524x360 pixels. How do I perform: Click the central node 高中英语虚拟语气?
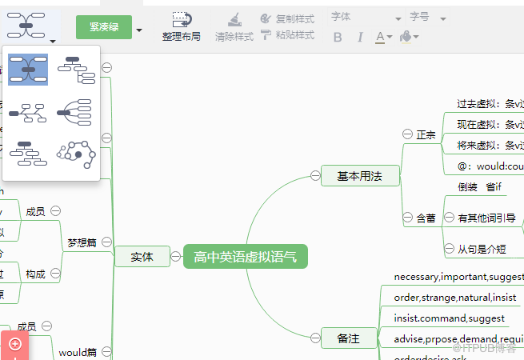(x=245, y=257)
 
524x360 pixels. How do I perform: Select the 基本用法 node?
(x=359, y=176)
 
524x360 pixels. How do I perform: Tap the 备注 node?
(x=348, y=338)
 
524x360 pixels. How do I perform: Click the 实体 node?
(x=142, y=257)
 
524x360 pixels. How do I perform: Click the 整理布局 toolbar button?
(x=182, y=26)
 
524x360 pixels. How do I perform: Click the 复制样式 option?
(x=287, y=18)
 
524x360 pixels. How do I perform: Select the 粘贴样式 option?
(x=287, y=35)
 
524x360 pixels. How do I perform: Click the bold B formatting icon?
(x=338, y=37)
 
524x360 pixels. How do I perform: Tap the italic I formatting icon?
(x=360, y=37)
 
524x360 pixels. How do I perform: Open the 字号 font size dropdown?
(x=427, y=18)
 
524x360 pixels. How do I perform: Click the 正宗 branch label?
(x=426, y=135)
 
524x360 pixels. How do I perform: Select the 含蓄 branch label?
(x=426, y=218)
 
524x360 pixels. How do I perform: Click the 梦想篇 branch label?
(x=82, y=242)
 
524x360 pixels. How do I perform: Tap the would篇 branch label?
(x=78, y=352)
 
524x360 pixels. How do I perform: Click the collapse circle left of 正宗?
(x=406, y=134)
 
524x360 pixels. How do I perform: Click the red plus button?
(x=14, y=344)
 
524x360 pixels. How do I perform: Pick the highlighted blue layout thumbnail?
(x=28, y=70)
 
